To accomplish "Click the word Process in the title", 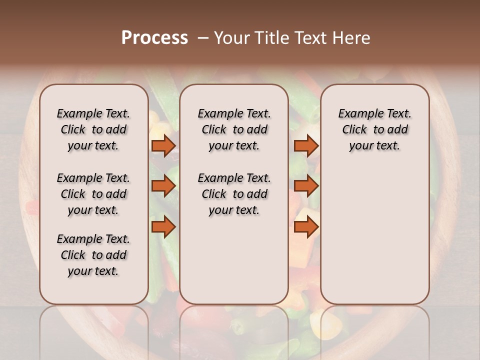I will [154, 37].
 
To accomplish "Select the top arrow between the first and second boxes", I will [163, 146].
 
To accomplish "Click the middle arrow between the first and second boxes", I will [163, 186].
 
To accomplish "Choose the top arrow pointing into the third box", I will [306, 146].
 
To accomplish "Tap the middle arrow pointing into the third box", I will [306, 186].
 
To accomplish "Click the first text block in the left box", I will [93, 129].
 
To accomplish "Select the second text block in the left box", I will [93, 194].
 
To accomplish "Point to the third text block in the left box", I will [93, 255].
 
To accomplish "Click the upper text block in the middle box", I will [234, 129].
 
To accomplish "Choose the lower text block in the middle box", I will [234, 194].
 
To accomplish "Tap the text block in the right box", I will [374, 129].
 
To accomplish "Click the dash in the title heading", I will [203, 38].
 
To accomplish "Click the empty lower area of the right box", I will [374, 235].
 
